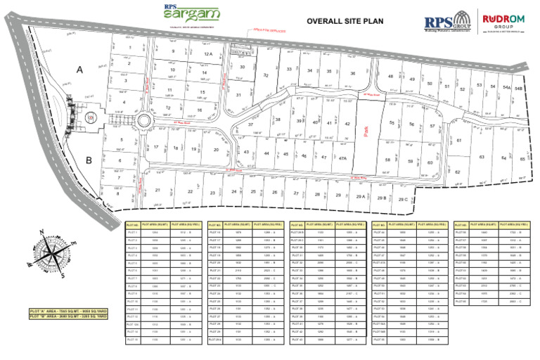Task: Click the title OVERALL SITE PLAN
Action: (345, 21)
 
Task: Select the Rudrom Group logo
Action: (505, 21)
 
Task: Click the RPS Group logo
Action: (447, 21)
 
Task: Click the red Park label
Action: (367, 129)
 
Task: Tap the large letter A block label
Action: (79, 69)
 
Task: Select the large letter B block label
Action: (89, 160)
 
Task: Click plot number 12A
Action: (208, 54)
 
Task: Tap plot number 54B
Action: (519, 89)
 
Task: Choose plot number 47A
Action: (343, 159)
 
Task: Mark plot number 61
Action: (459, 141)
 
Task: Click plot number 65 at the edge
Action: (522, 159)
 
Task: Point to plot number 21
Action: (158, 190)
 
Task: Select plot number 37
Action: (250, 124)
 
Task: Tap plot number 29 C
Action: (403, 199)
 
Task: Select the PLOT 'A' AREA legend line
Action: (68, 309)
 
